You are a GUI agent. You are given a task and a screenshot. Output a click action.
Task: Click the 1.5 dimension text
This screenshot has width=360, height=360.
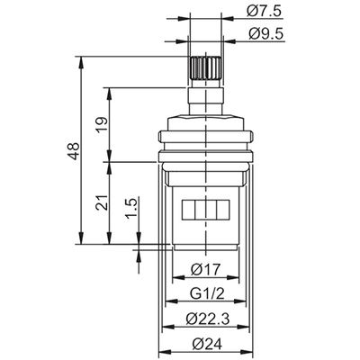pyautogui.click(x=132, y=220)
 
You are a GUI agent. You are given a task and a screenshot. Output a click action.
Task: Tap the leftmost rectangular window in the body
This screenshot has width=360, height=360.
pyautogui.click(x=190, y=212)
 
